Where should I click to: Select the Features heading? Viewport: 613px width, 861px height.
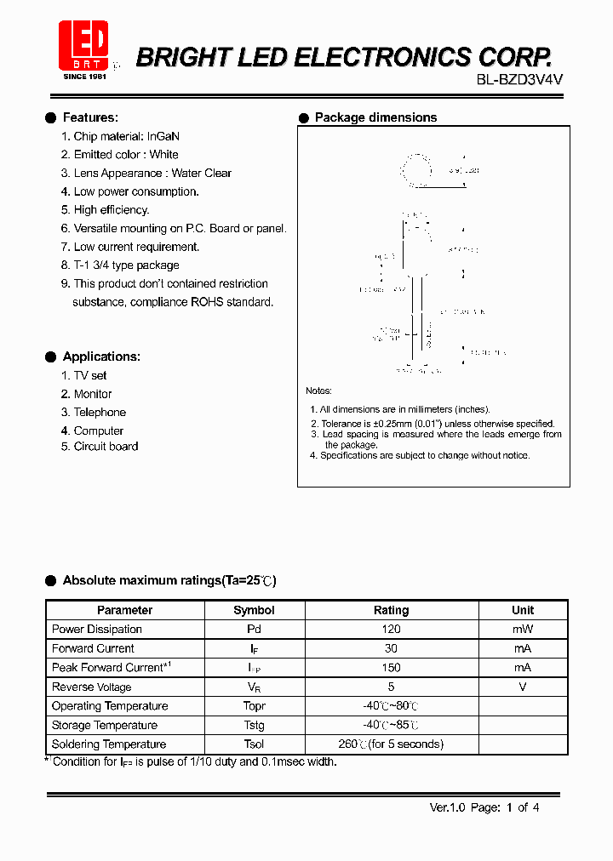click(x=90, y=117)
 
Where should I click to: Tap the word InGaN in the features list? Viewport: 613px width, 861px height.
click(x=163, y=136)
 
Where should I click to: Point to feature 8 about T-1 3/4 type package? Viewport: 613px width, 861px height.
click(x=120, y=265)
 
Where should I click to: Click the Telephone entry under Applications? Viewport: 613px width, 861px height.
click(x=99, y=412)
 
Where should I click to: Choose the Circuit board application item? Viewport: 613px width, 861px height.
click(x=106, y=447)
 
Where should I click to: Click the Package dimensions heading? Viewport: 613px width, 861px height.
click(x=375, y=117)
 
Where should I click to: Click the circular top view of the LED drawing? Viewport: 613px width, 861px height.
click(x=417, y=170)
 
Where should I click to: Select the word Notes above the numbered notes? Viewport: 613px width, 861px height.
click(x=318, y=391)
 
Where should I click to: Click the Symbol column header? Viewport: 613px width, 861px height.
click(x=254, y=610)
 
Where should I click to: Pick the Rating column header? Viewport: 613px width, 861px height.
click(x=392, y=610)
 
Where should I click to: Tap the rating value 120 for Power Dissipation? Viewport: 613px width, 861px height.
click(x=392, y=630)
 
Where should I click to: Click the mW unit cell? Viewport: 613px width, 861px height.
click(x=523, y=630)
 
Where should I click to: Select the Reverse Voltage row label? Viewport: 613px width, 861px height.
click(x=92, y=687)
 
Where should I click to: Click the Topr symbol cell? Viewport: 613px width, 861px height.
click(x=254, y=706)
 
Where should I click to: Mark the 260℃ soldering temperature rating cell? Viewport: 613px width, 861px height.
click(x=392, y=744)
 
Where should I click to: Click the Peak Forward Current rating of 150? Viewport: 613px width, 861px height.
click(x=392, y=668)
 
